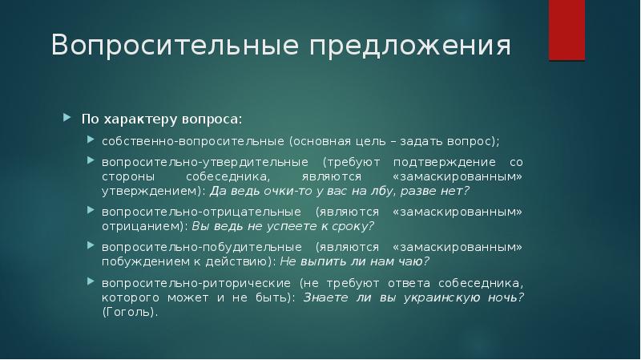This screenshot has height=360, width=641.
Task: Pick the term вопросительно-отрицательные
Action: point(192,212)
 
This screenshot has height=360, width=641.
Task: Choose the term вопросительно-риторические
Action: point(193,284)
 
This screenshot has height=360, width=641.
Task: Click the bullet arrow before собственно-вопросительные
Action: point(91,141)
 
